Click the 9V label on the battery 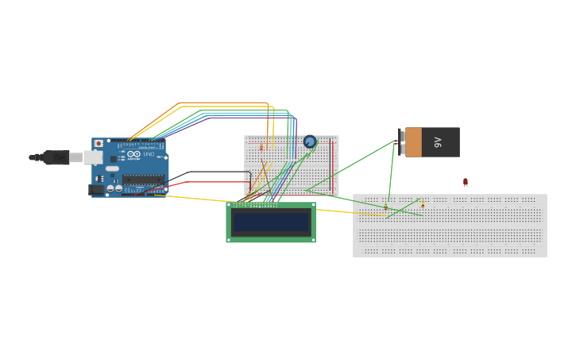click(438, 142)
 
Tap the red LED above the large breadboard click(466, 182)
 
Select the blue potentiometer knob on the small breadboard click(310, 142)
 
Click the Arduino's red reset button click(99, 144)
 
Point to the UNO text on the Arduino click(149, 153)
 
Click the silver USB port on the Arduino click(93, 157)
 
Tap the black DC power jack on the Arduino click(96, 189)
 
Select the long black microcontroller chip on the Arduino click(143, 180)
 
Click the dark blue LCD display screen click(270, 222)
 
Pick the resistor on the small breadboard click(261, 148)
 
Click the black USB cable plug click(56, 157)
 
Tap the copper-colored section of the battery click(413, 142)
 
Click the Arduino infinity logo click(133, 154)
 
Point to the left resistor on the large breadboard click(386, 207)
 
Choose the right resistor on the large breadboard click(423, 204)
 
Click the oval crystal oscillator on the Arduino click(112, 168)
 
